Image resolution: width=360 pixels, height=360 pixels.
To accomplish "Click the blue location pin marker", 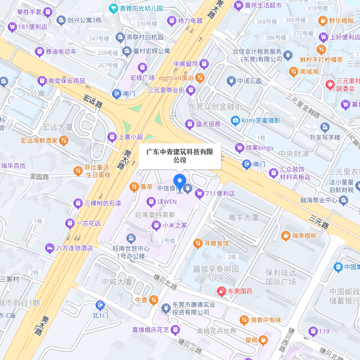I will (x=179, y=182).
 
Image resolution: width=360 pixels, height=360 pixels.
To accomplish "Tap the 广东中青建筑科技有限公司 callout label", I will (x=179, y=156).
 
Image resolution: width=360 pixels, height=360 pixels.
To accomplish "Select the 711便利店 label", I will (x=220, y=193).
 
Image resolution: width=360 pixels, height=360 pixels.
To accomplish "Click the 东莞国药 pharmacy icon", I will (x=222, y=291).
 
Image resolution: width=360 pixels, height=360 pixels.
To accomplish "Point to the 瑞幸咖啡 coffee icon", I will (x=286, y=236).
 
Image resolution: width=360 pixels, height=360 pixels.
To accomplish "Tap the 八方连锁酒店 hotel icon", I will (x=49, y=247).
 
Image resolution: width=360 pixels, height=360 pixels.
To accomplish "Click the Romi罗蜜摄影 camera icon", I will (x=236, y=120).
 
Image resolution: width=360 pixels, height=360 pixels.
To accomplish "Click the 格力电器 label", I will (x=190, y=21).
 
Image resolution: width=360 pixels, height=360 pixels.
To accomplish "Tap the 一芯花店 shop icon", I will (x=69, y=223).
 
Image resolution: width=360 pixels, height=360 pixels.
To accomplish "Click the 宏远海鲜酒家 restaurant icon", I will (x=63, y=140).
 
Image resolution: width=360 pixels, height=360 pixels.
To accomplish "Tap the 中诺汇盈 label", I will (x=249, y=81).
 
